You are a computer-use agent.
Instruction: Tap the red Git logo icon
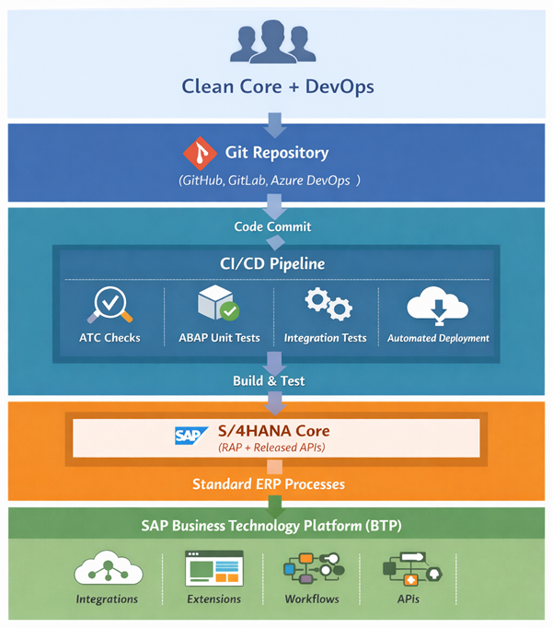pos(198,153)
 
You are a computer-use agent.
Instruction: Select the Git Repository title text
pos(276,153)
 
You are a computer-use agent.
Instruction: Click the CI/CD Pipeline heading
pos(276,264)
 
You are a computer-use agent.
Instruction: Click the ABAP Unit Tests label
pos(218,338)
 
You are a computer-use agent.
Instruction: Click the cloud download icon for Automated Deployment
pos(437,305)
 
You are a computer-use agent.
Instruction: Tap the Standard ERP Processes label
pos(271,483)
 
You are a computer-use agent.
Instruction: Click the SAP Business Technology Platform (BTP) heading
pos(276,526)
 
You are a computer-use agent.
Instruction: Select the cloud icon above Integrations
pos(107,570)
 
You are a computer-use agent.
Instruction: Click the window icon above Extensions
pos(213,569)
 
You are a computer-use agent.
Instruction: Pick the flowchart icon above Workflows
pos(313,570)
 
